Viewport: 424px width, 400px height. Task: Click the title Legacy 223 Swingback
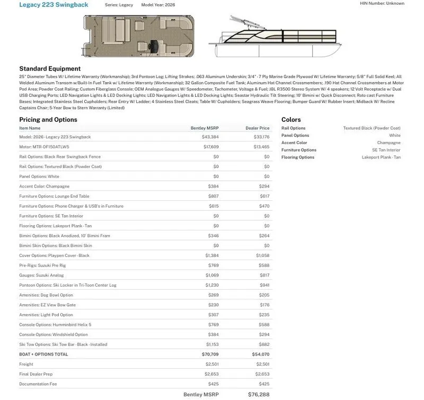coord(54,5)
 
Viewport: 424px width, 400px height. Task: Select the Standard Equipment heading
coord(50,69)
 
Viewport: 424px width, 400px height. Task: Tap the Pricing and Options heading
coord(48,120)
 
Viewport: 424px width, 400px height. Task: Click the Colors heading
coord(291,120)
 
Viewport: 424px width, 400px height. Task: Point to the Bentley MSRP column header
coord(205,128)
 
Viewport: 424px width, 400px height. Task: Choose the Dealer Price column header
coord(257,128)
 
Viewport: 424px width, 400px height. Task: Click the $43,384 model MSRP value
coord(210,137)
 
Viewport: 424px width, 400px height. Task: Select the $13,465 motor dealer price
coord(261,147)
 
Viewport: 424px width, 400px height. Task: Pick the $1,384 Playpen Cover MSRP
coord(212,255)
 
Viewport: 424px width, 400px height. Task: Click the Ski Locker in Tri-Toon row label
coord(67,285)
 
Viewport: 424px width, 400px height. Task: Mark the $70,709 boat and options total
coord(210,354)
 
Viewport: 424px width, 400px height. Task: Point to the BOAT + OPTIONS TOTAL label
coord(43,354)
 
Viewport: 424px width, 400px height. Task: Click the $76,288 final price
coord(259,395)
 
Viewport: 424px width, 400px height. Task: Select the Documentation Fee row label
coord(38,384)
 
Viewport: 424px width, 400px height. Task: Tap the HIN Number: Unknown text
coord(382,3)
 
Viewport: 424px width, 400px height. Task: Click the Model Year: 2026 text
coord(158,5)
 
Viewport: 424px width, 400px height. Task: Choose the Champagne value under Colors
coord(388,143)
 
